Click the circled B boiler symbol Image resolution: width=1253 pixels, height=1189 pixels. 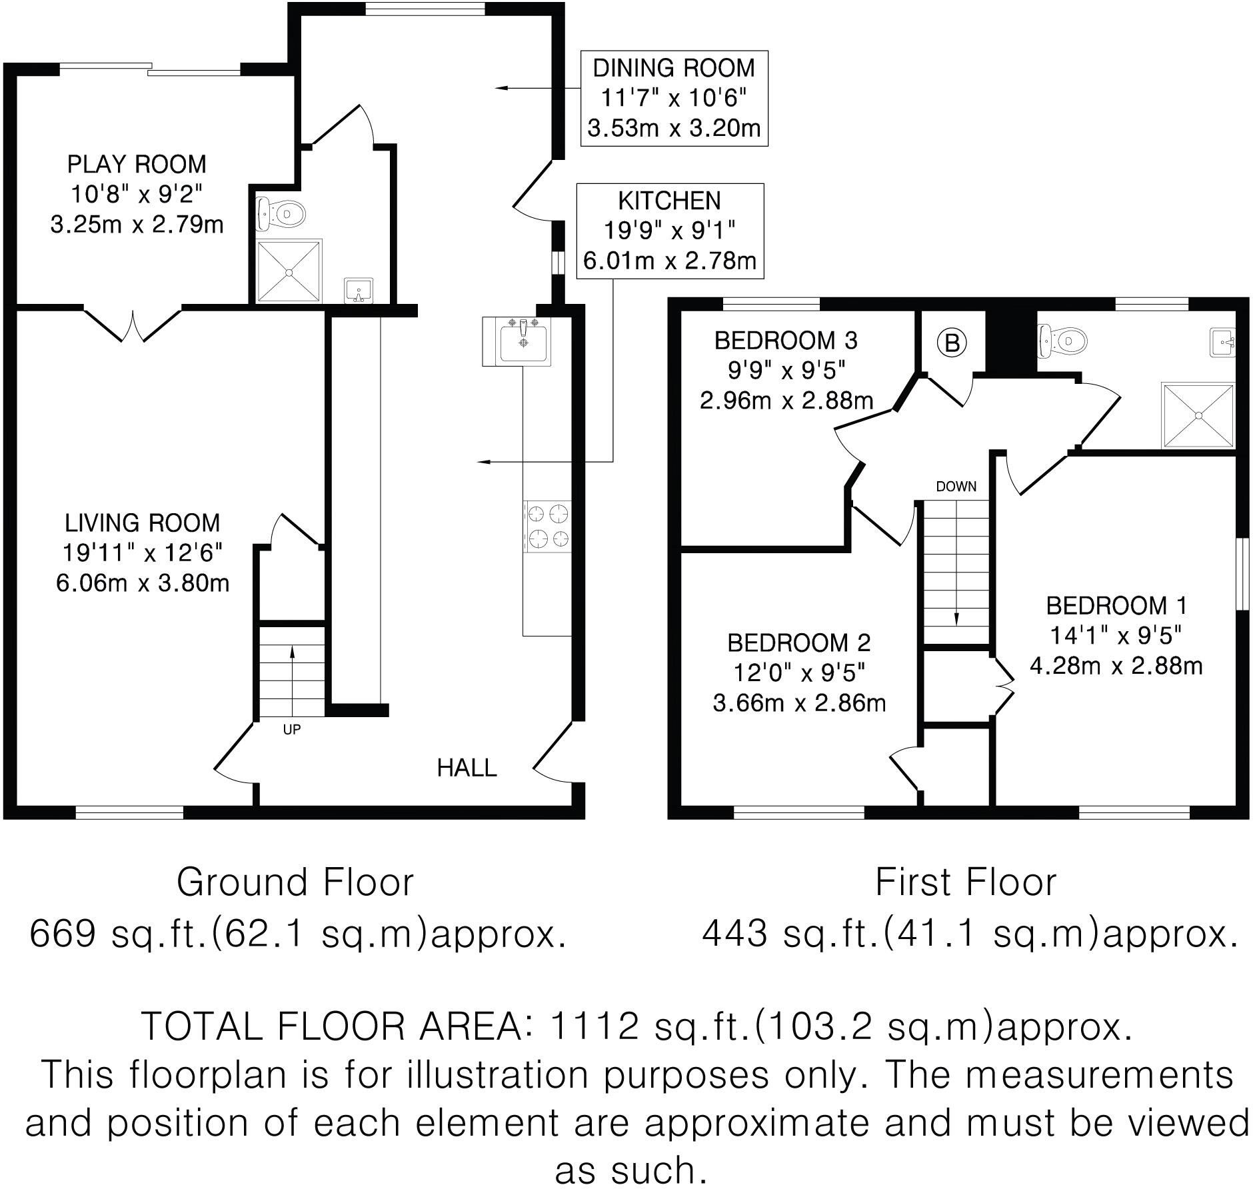click(952, 343)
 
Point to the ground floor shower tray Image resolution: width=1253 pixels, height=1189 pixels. click(289, 271)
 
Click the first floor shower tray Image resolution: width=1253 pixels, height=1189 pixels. click(1198, 415)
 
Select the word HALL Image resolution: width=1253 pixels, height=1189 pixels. click(467, 768)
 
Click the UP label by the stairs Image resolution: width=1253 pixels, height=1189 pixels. click(292, 730)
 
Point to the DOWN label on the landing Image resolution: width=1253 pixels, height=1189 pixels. click(956, 487)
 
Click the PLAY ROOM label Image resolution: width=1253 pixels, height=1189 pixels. click(137, 164)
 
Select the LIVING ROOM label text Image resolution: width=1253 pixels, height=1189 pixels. click(142, 523)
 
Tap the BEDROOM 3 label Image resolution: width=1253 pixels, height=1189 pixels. click(786, 341)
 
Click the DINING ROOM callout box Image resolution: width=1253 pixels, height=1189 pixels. click(674, 98)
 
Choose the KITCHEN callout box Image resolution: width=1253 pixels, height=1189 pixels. click(669, 231)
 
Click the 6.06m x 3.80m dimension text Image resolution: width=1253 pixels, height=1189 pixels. click(142, 583)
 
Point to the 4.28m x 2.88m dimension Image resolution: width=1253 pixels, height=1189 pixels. click(1116, 666)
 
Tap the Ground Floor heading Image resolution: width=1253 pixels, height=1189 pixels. click(295, 882)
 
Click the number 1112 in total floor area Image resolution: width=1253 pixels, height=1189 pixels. click(594, 1026)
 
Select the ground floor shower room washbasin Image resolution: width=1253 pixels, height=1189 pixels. click(359, 291)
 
